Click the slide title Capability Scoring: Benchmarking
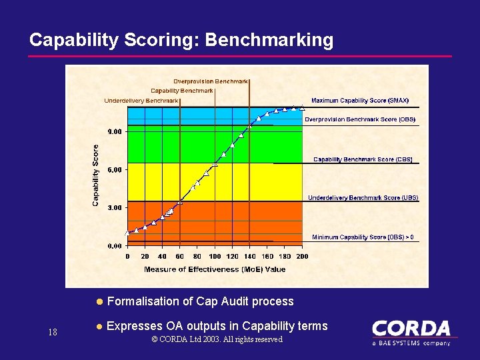pos(181,40)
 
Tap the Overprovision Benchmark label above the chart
pos(211,81)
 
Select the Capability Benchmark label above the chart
pos(182,91)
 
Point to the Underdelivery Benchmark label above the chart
pos(141,101)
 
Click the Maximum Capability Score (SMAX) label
pos(360,101)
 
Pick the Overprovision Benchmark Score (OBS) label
pos(360,120)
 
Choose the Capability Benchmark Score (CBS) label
pos(363,160)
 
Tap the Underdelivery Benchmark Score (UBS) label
pos(363,198)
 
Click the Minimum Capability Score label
pos(363,237)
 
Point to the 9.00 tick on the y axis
pos(115,132)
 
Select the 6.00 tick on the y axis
pos(115,170)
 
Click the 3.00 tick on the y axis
pos(115,208)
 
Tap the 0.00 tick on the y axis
pos(115,246)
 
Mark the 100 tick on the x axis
pos(215,257)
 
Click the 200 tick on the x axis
pos(302,257)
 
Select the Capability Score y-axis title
pos(96,175)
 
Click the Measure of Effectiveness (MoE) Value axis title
pos(215,269)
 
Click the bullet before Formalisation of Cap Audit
pos(99,302)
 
